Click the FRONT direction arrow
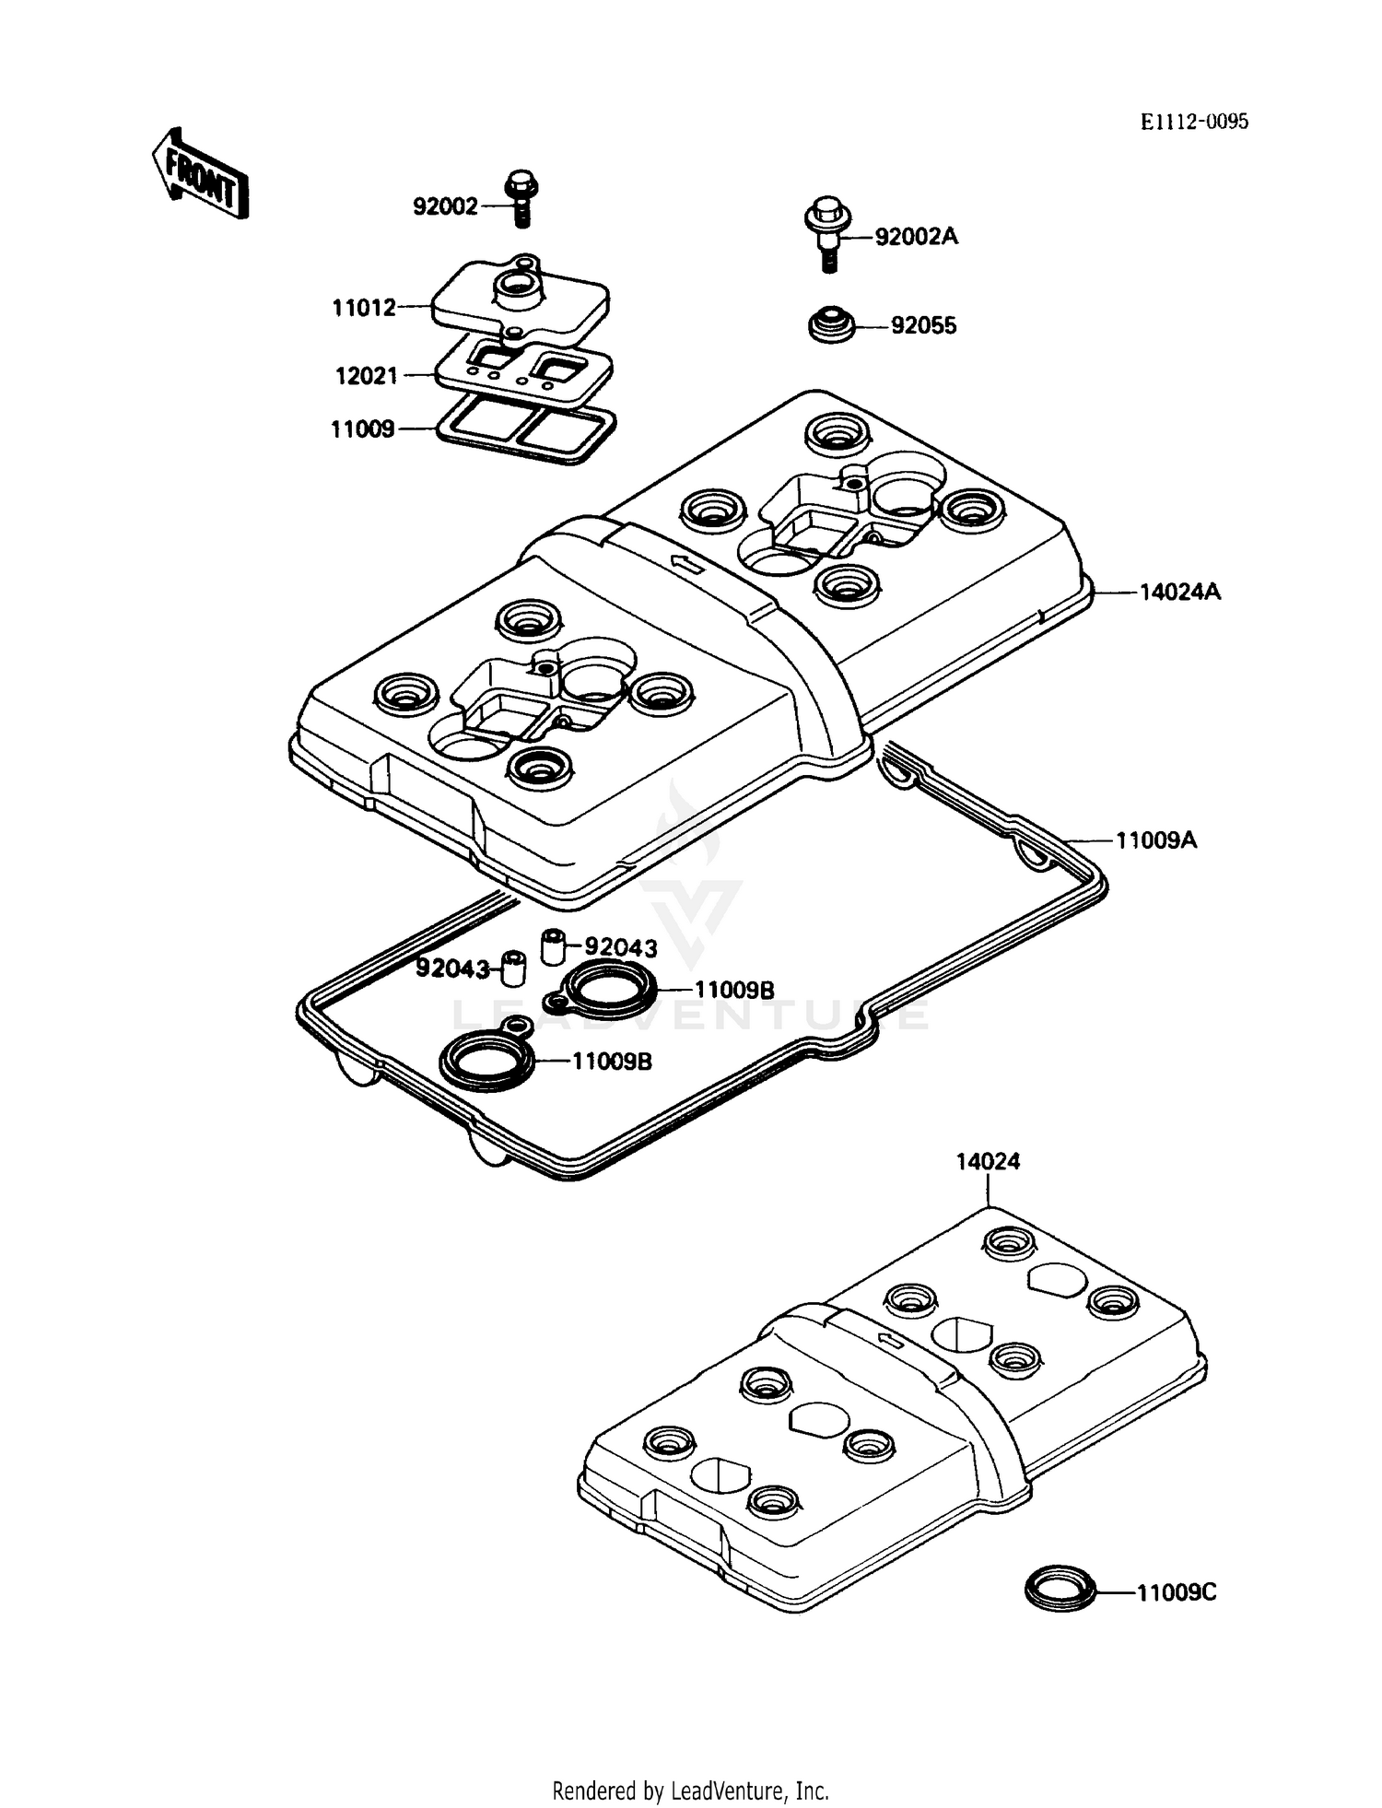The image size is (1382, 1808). (200, 173)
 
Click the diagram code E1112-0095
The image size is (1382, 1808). (1194, 122)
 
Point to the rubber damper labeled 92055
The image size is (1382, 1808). (832, 326)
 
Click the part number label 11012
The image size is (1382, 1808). (364, 308)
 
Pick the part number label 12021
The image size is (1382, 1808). (366, 376)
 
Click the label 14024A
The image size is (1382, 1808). (1180, 593)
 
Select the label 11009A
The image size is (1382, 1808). (1156, 840)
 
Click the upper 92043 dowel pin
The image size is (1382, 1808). (551, 945)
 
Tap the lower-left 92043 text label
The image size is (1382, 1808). (451, 969)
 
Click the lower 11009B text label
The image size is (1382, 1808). (612, 1062)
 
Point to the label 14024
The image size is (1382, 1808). (988, 1162)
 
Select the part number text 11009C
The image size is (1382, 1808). (1177, 1593)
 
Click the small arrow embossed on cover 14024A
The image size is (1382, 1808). (686, 563)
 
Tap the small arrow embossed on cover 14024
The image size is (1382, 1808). (890, 1339)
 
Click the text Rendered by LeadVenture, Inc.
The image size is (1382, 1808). (690, 1790)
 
